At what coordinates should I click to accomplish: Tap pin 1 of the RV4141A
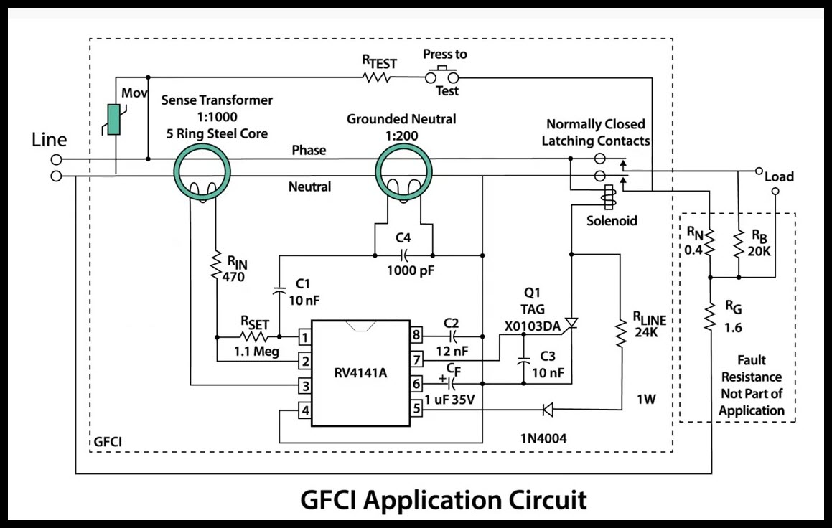pos(305,336)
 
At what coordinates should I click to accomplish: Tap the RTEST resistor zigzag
pos(376,76)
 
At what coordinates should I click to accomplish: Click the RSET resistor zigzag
pos(254,336)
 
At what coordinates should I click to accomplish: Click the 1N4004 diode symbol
pos(548,410)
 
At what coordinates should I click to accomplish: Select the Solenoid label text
pos(612,221)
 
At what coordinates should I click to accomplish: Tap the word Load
pos(779,177)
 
